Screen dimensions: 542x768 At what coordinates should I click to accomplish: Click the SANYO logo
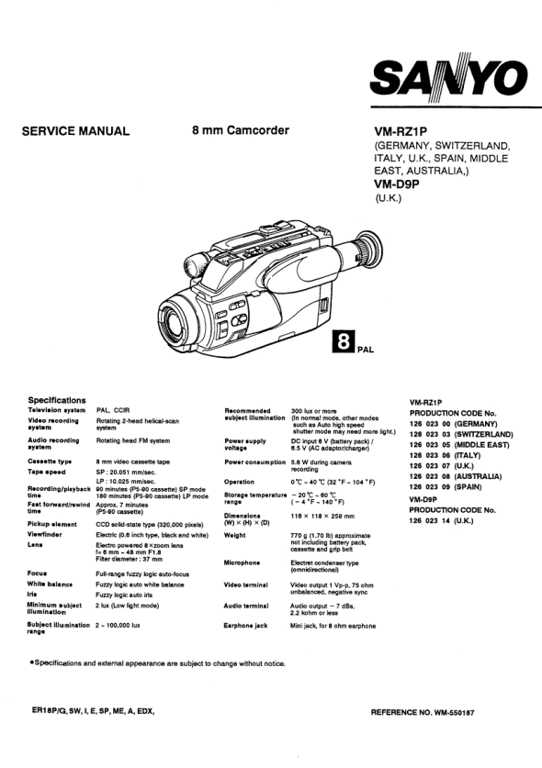[x=449, y=77]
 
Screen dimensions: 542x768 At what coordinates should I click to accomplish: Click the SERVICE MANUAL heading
[x=75, y=131]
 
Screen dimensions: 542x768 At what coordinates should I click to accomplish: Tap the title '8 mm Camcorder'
[x=241, y=130]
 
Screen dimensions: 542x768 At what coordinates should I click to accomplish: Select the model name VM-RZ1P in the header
[x=401, y=132]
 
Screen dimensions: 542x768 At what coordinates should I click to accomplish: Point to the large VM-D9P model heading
[x=397, y=184]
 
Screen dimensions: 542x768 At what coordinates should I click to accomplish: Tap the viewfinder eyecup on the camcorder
[x=367, y=250]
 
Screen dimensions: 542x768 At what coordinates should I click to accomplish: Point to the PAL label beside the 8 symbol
[x=366, y=350]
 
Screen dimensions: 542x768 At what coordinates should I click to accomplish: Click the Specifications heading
[x=56, y=400]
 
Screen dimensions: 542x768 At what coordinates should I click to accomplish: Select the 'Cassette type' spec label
[x=50, y=462]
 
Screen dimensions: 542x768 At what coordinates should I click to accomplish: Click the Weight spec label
[x=234, y=535]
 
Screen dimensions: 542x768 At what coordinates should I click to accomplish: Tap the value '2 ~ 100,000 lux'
[x=118, y=626]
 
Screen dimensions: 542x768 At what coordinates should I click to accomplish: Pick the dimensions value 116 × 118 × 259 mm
[x=322, y=517]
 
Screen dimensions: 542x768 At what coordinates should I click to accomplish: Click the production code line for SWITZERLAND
[x=461, y=434]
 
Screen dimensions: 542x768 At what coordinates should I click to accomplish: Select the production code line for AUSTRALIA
[x=456, y=476]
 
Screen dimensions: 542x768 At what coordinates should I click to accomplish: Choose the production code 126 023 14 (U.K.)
[x=442, y=520]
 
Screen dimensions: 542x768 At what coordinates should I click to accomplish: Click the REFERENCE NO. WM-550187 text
[x=423, y=713]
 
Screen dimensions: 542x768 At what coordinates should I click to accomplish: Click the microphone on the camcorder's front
[x=196, y=265]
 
